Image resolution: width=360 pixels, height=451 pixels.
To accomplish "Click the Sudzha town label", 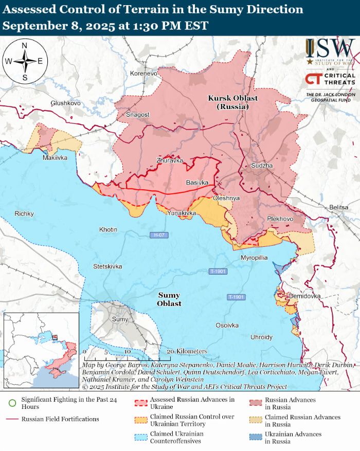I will pos(262,166).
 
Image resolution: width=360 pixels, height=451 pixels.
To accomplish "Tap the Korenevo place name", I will pos(143,74).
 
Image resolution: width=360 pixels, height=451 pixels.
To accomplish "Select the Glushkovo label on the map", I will pos(65,103).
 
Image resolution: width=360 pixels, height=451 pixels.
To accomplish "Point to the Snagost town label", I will pos(137,115).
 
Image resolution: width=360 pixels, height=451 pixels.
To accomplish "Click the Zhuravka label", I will pos(170,160).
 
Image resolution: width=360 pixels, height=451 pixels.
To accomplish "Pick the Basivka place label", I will pos(196,183).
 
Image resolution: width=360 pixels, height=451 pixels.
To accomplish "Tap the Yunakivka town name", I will pos(182,213).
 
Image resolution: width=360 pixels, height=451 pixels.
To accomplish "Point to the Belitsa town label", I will pos(339,207).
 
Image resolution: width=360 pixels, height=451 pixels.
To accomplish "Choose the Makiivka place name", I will pos(55,158).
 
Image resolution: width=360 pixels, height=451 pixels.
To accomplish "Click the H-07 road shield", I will pos(159,235).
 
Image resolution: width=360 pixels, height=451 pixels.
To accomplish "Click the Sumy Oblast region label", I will pos(169,299).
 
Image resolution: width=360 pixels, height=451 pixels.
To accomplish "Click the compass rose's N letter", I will pos(24,45).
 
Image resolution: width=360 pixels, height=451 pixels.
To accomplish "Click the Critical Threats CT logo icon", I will pos(314,79).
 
